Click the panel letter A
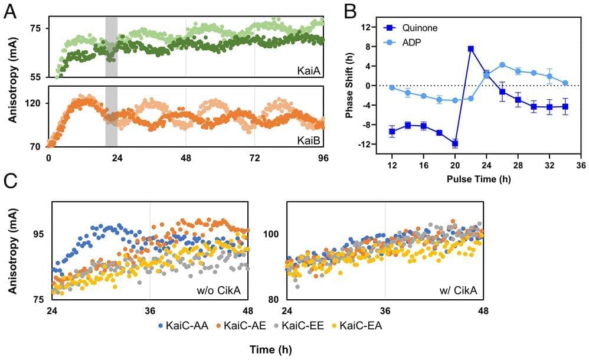point(10,12)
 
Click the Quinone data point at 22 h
point(470,49)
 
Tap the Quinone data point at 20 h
point(455,143)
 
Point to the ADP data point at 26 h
point(502,65)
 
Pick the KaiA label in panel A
point(309,71)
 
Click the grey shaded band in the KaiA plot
point(111,47)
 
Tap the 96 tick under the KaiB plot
point(323,159)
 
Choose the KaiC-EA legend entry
point(361,326)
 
